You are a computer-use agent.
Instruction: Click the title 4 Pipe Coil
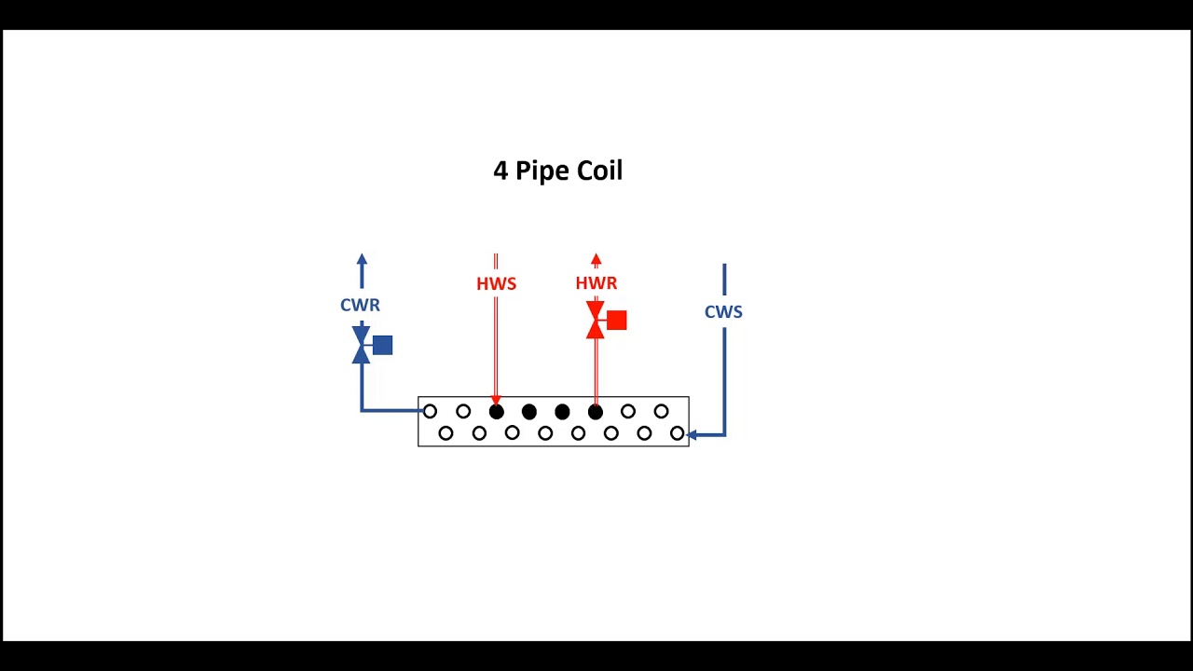[x=557, y=171]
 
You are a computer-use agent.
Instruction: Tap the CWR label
[x=360, y=305]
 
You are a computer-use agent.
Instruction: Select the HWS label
[x=496, y=283]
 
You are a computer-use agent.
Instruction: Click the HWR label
[x=596, y=283]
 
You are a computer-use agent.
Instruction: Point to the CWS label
[x=723, y=312]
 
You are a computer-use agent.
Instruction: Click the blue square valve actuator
[x=382, y=346]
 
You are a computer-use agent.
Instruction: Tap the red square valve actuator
[x=616, y=321]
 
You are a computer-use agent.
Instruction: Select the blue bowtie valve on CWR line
[x=362, y=345]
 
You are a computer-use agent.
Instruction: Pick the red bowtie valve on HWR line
[x=596, y=320]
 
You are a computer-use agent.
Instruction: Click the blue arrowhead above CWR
[x=362, y=260]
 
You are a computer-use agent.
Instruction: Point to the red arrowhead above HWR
[x=596, y=260]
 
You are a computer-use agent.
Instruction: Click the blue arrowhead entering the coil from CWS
[x=692, y=434]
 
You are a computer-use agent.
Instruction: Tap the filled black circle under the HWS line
[x=496, y=412]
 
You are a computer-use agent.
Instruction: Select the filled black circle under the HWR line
[x=596, y=412]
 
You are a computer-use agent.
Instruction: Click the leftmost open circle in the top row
[x=430, y=411]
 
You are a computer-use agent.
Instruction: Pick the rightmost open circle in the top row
[x=661, y=411]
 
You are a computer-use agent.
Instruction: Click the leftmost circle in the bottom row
[x=446, y=433]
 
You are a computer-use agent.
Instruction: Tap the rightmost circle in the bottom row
[x=677, y=433]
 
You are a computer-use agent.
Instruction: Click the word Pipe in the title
[x=542, y=171]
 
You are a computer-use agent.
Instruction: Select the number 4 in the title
[x=501, y=171]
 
